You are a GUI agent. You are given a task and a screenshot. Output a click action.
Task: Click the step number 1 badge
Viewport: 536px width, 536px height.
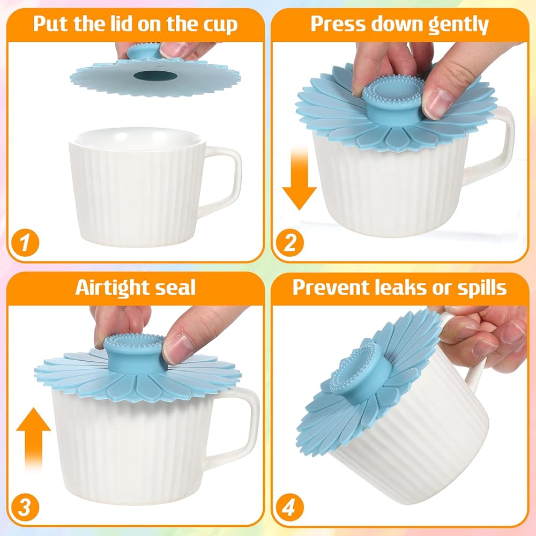pos(25,242)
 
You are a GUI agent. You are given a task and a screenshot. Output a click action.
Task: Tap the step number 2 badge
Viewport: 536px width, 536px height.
pos(289,242)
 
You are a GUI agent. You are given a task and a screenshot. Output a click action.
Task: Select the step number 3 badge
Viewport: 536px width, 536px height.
pos(25,507)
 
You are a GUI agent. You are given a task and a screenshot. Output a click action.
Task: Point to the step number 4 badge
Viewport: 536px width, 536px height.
pos(289,507)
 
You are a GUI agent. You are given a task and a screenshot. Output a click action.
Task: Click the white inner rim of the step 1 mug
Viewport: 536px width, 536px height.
pos(138,138)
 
